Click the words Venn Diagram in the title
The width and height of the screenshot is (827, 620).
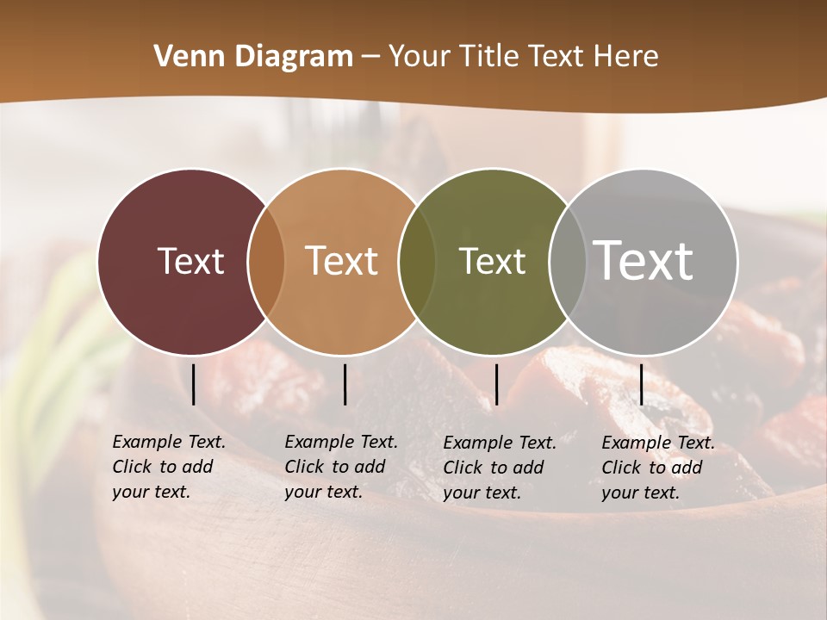tap(253, 57)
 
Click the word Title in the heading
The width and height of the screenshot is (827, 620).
tap(488, 57)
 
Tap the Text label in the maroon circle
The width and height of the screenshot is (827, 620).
tap(190, 261)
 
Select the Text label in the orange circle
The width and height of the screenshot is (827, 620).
tap(342, 261)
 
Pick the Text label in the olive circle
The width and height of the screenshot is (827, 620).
tap(492, 261)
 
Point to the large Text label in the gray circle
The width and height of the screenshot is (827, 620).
tap(644, 260)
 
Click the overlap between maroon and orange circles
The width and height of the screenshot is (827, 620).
tap(266, 261)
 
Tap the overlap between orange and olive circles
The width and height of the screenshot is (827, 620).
tap(418, 261)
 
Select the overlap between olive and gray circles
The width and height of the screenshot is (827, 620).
tap(567, 261)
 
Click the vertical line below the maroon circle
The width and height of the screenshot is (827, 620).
tap(194, 384)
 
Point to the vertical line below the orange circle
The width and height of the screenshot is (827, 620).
tap(345, 384)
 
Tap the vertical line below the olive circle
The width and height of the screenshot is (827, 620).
tap(496, 384)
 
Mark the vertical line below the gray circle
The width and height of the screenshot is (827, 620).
tap(641, 384)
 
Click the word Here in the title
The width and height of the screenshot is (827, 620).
tap(625, 57)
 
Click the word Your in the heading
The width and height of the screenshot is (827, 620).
tap(420, 57)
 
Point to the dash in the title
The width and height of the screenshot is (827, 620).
tap(370, 57)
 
